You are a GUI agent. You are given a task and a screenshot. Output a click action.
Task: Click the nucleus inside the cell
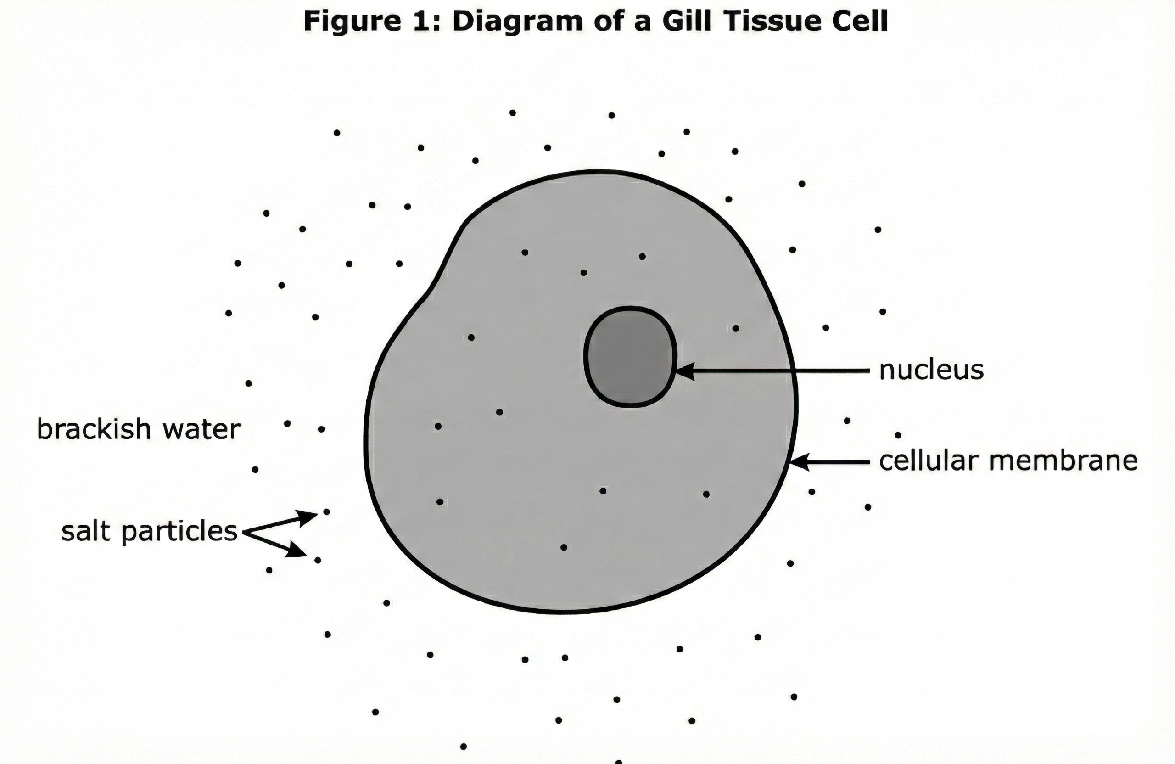point(629,357)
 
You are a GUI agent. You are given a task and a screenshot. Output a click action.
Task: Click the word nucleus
point(931,370)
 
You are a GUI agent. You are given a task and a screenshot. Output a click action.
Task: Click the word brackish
point(94,429)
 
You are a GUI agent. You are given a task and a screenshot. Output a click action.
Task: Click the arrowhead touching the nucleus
point(685,371)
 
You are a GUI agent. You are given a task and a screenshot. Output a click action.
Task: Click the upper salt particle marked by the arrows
point(326,511)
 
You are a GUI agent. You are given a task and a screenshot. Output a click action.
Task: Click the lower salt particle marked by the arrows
point(318,560)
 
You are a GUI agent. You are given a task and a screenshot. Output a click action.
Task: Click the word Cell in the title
point(862,22)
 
